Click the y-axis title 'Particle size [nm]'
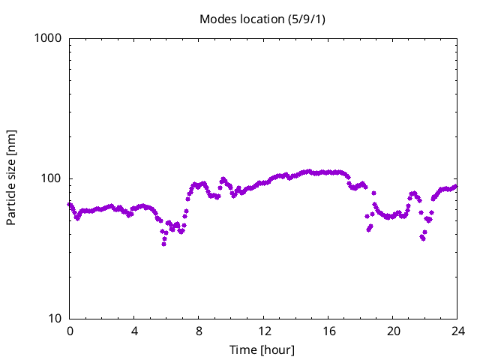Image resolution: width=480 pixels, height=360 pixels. (11, 177)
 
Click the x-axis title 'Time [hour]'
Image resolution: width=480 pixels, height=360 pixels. (262, 350)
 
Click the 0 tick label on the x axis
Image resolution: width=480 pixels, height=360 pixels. (70, 331)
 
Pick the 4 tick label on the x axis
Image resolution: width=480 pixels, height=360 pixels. (134, 331)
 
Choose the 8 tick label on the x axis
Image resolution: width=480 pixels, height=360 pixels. (199, 331)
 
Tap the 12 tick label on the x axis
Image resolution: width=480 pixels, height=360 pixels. (263, 331)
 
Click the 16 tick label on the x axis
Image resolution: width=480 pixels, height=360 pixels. (328, 331)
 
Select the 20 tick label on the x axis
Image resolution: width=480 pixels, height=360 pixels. (392, 331)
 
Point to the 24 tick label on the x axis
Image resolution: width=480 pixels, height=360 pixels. (457, 331)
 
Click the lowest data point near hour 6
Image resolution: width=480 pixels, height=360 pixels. (163, 244)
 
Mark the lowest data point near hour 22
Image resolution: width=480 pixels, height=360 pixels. (424, 238)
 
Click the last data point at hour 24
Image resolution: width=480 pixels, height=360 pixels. (455, 186)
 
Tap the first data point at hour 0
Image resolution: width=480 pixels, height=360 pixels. (70, 204)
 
